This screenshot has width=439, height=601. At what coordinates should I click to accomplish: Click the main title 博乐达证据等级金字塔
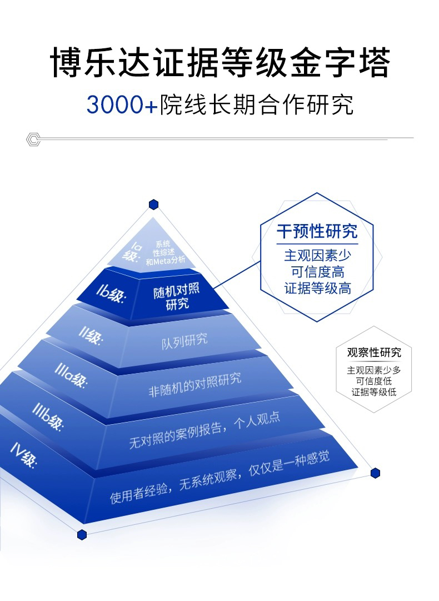click(219, 62)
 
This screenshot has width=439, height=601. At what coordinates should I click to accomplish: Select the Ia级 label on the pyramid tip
click(133, 251)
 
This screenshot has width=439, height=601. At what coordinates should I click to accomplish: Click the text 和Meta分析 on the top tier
click(166, 260)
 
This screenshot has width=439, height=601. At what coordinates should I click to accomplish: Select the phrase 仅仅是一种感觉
click(288, 462)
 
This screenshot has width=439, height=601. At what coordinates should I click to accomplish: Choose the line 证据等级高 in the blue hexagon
click(317, 289)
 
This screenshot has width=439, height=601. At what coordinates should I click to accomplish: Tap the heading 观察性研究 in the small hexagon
click(373, 352)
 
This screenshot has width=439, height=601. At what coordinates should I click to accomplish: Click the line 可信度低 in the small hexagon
click(373, 381)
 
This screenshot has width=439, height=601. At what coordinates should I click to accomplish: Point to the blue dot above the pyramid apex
click(153, 205)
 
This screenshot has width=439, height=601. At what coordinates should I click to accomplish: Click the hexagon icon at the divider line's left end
click(33, 139)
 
